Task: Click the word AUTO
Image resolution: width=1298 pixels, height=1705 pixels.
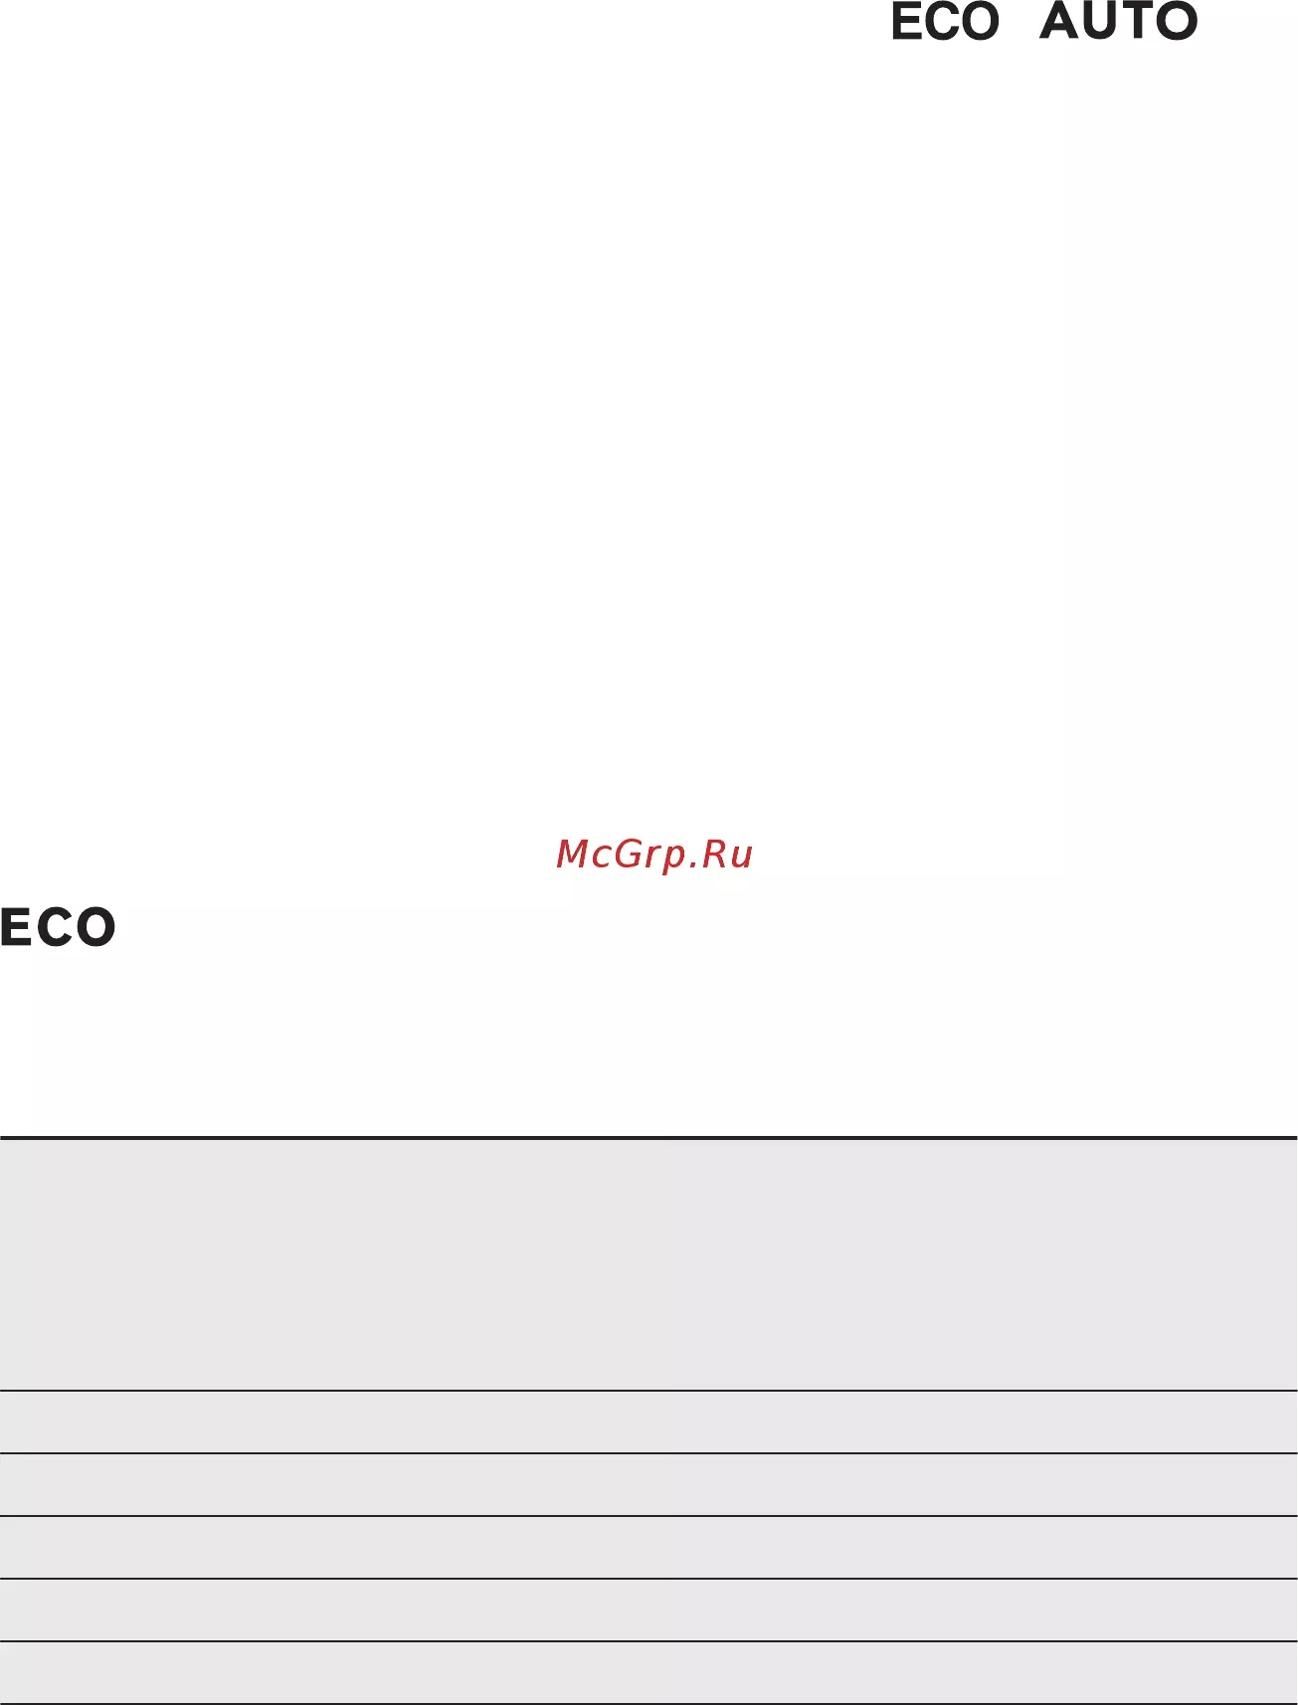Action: click(x=1118, y=21)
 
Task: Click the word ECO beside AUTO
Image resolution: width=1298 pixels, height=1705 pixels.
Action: click(x=945, y=22)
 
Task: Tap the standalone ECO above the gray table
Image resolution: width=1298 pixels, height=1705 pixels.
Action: click(x=58, y=927)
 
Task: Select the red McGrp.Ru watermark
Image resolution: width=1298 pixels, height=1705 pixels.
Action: click(x=654, y=854)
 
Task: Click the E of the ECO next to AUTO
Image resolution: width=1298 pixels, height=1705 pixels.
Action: click(x=906, y=22)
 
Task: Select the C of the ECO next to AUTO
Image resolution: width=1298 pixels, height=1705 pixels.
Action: click(x=941, y=22)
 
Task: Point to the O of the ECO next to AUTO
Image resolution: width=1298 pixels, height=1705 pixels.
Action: click(x=980, y=22)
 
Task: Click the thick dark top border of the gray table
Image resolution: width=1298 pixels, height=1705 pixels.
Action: click(x=649, y=1137)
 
